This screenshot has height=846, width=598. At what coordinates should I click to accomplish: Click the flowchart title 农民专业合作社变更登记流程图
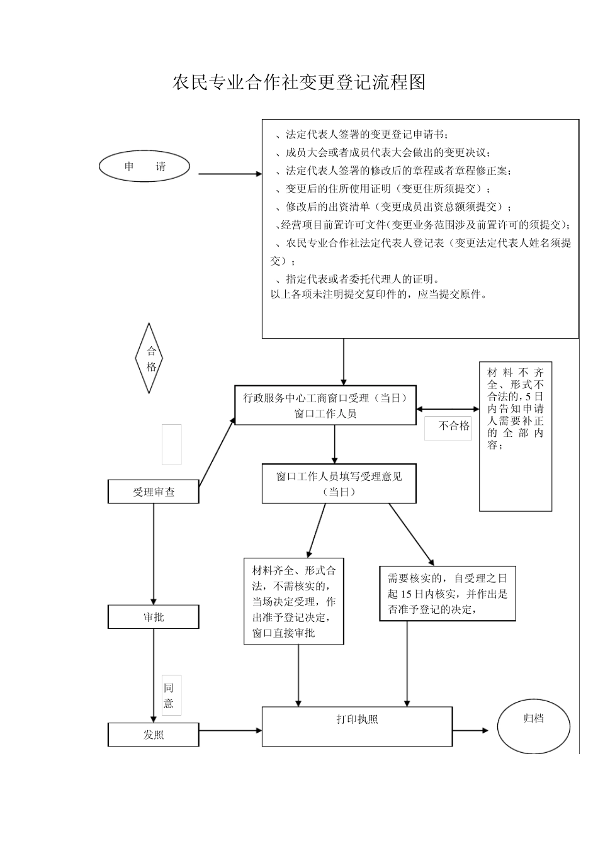coord(299,82)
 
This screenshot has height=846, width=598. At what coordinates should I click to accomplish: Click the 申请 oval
coord(145,167)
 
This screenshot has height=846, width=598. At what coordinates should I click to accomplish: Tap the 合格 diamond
coord(150,359)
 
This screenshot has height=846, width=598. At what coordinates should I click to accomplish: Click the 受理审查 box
coord(154,492)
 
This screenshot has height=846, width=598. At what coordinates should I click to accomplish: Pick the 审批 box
coord(154,617)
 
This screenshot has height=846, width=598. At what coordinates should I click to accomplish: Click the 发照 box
coord(154,735)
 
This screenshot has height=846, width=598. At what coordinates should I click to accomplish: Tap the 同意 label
coord(169,696)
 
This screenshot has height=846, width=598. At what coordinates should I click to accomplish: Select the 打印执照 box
coord(357,726)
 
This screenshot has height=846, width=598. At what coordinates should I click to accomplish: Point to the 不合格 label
coord(454,426)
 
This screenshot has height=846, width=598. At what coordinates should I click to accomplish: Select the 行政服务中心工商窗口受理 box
coord(325,405)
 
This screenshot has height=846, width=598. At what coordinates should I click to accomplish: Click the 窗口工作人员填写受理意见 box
coord(339,484)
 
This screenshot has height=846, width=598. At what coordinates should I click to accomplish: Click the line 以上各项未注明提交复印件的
coord(378,294)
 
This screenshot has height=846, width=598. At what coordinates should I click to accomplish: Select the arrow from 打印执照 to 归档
coord(470,731)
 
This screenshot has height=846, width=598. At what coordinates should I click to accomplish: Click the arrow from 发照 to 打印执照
coord(230,731)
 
